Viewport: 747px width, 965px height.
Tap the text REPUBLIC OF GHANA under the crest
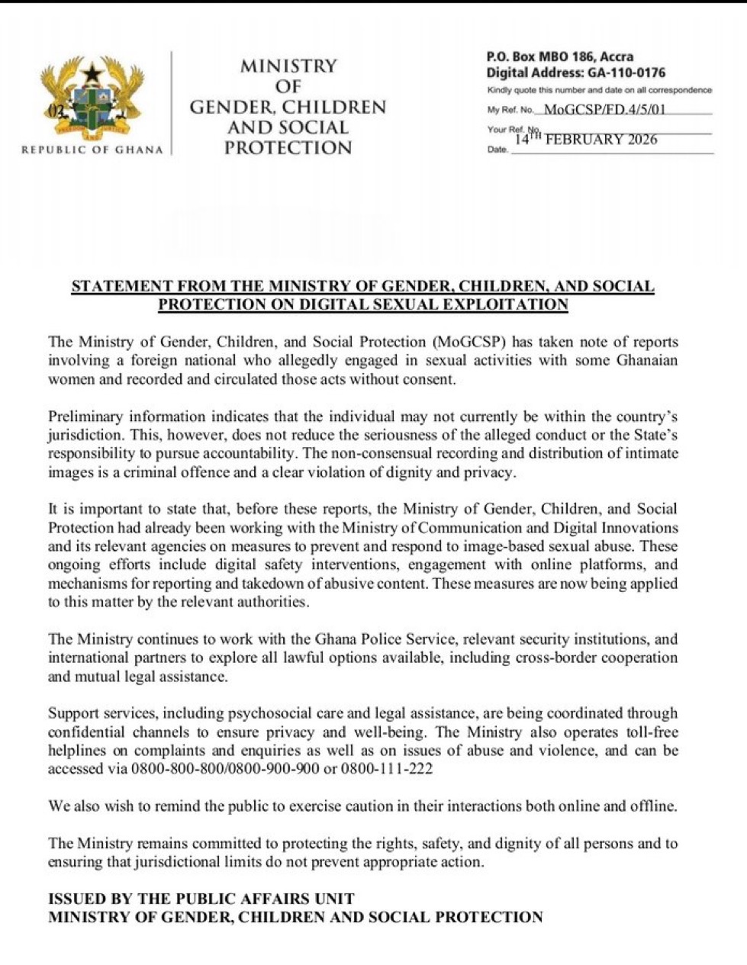click(x=92, y=150)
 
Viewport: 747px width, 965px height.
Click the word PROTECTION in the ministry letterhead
click(x=288, y=147)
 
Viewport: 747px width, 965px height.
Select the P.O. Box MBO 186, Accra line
click(x=560, y=56)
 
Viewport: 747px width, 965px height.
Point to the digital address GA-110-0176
click(x=626, y=73)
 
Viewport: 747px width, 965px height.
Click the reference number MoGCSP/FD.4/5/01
click(x=605, y=110)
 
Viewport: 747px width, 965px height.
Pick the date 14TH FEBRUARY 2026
click(x=586, y=140)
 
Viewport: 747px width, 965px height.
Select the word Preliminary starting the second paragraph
click(x=85, y=417)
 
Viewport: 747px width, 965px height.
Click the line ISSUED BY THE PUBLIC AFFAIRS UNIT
click(x=201, y=899)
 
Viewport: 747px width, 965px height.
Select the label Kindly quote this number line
click(x=599, y=90)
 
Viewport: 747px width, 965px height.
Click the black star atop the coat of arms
click(x=93, y=72)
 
